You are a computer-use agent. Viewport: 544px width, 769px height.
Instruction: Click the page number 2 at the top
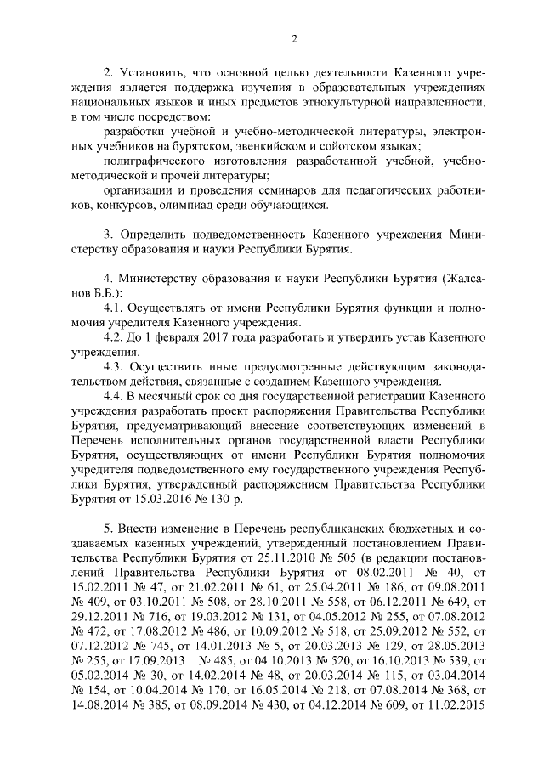point(293,37)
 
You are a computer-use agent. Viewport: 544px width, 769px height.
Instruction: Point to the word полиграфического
point(152,161)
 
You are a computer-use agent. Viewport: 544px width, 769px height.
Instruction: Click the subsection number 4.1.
point(114,309)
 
